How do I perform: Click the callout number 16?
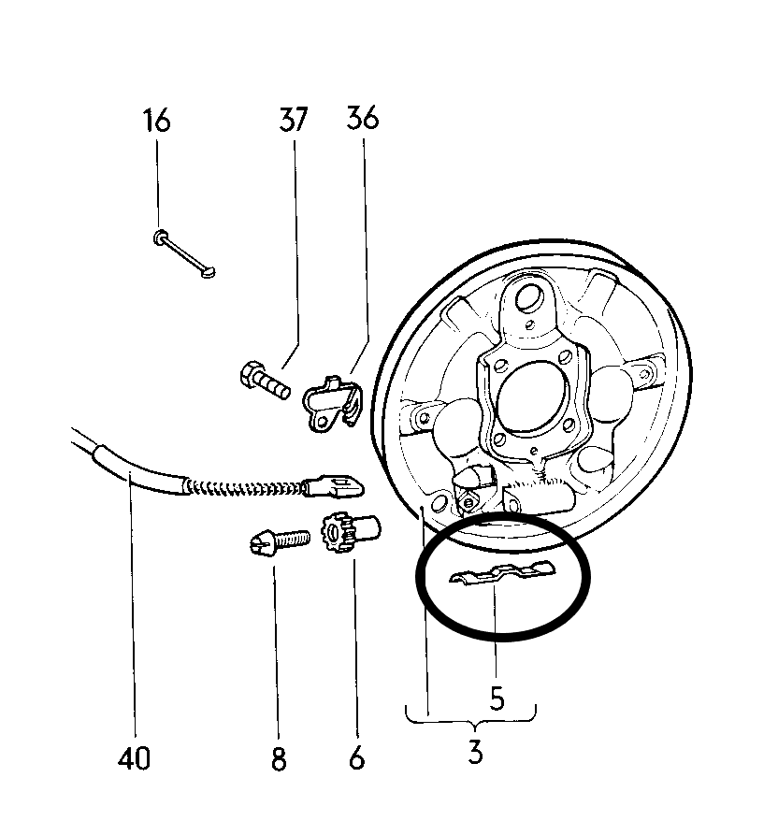pos(156,120)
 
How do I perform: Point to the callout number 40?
pos(134,757)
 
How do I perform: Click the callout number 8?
pos(279,758)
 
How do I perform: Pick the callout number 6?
pos(356,757)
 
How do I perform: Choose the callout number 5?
pos(497,698)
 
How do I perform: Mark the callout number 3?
pos(475,753)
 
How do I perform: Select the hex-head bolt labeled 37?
pos(265,381)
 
